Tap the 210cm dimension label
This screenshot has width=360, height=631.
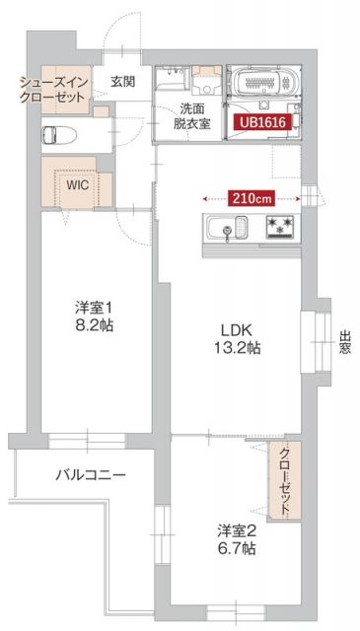[251, 197]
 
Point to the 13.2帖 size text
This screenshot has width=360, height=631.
[240, 347]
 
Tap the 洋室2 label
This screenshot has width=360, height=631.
[238, 531]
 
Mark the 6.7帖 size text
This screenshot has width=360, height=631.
[238, 549]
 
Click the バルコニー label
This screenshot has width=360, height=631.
[90, 474]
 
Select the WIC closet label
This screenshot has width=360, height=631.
[77, 183]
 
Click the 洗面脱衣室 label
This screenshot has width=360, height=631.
[191, 115]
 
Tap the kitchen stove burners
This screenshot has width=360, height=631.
[280, 228]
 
